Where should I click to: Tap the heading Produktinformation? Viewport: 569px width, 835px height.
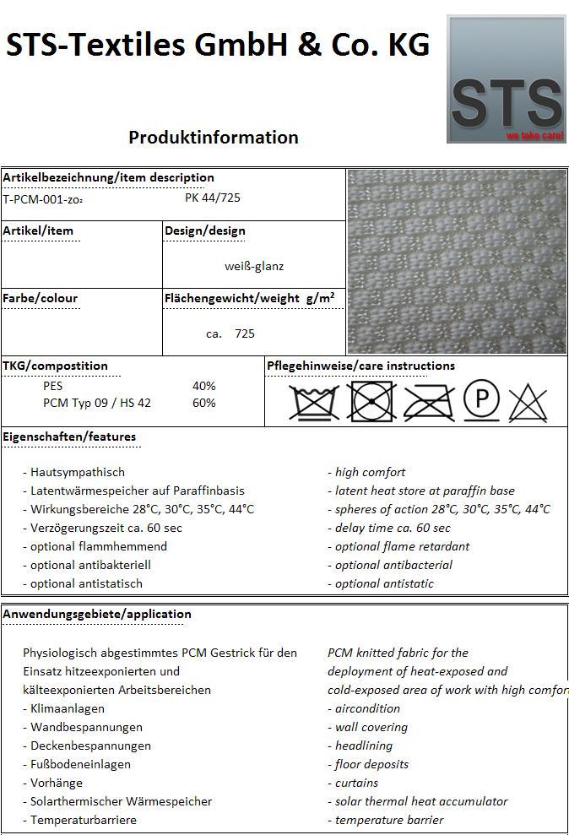point(214,137)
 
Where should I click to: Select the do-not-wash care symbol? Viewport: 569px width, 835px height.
point(313,402)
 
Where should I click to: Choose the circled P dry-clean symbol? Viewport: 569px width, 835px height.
point(481,399)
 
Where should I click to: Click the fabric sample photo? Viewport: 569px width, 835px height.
point(457,262)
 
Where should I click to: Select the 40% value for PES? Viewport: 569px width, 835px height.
point(204,386)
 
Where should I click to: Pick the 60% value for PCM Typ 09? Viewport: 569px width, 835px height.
point(204,403)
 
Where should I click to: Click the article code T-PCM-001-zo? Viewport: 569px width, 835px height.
point(43,199)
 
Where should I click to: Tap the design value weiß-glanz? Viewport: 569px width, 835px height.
point(254,266)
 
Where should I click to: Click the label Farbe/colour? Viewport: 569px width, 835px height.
point(41,298)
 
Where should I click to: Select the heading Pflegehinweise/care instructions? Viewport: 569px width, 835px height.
point(360,366)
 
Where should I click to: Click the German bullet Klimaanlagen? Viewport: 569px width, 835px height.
point(68,708)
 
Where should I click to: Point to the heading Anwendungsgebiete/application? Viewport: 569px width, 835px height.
point(97,614)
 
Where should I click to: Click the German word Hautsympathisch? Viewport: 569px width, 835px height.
point(78,472)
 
